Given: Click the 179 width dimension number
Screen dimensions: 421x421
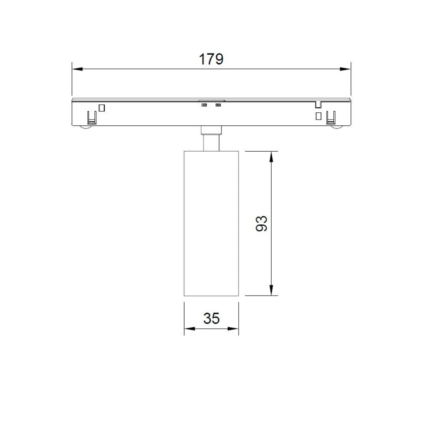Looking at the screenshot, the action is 211,59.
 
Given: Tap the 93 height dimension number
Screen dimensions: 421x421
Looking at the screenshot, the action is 261,224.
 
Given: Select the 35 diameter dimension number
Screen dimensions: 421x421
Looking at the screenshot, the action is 211,318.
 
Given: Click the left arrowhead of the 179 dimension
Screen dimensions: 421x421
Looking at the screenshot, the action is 77,69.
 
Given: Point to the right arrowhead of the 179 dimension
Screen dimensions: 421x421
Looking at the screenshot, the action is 345,69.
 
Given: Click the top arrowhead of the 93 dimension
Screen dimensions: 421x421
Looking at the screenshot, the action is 271,157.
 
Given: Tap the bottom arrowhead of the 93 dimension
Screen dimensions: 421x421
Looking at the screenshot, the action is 271,290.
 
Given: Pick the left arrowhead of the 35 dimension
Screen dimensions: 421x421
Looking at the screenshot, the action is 189,329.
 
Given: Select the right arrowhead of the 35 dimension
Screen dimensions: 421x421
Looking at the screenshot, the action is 233,329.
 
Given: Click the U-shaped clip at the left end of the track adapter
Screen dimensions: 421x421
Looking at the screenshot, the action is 92,118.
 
